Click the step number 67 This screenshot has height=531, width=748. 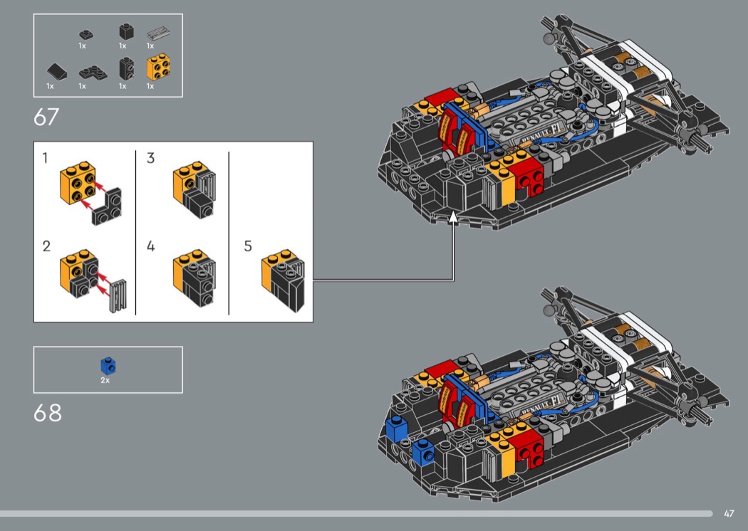click(x=46, y=117)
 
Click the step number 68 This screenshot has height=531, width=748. click(x=48, y=413)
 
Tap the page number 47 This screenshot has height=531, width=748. click(x=729, y=513)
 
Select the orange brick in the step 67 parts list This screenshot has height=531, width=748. click(x=158, y=67)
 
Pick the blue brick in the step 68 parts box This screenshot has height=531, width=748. click(x=108, y=366)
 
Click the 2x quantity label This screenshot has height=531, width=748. click(x=105, y=380)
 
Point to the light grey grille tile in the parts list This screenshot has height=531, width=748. click(x=159, y=33)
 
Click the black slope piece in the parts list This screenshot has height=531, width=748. click(x=57, y=72)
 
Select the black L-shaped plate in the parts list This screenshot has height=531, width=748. click(x=93, y=72)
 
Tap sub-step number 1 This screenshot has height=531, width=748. click(x=45, y=158)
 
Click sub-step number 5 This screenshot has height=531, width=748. click(x=248, y=246)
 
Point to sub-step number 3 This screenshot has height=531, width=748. click(x=151, y=158)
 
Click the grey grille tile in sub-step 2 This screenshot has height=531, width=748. click(x=118, y=295)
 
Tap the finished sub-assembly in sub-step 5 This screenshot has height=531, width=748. click(x=283, y=280)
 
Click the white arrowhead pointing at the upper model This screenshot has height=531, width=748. click(x=453, y=218)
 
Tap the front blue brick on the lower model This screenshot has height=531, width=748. click(x=422, y=452)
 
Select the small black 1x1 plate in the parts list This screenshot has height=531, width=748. click(x=86, y=34)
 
